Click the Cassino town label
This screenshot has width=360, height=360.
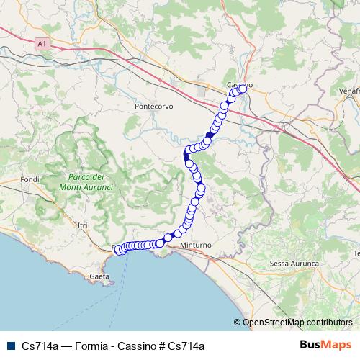tap(237, 85)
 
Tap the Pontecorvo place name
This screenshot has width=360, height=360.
tap(153, 107)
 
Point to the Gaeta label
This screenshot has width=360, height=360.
tap(100, 276)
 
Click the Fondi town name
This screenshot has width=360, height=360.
tap(30, 179)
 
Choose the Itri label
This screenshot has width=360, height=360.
tap(81, 225)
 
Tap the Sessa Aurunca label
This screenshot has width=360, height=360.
tap(294, 264)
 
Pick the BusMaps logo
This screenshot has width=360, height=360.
tap(323, 345)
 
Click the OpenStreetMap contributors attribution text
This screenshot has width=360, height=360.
tap(298, 323)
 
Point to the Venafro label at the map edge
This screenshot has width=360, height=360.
tap(350, 92)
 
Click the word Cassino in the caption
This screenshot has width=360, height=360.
tap(141, 346)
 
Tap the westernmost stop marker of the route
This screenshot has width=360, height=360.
tap(118, 250)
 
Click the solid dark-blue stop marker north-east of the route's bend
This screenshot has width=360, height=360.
tap(210, 135)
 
